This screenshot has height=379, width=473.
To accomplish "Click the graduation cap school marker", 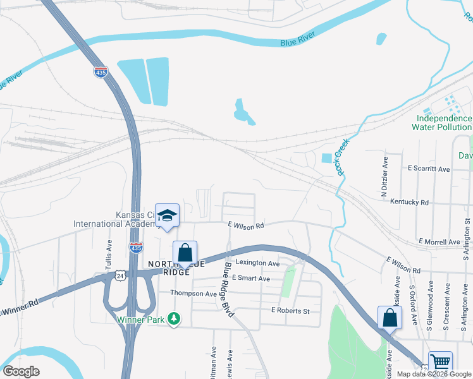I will point(167,216).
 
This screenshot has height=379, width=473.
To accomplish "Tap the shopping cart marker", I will point(440,363).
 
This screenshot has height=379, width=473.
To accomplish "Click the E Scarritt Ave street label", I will point(429,169).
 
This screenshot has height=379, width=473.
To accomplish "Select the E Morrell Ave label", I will point(439,242).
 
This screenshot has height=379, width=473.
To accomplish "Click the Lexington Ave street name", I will point(257,263).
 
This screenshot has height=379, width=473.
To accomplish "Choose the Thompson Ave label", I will point(193,293).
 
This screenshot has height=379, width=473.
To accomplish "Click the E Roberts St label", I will point(290,311).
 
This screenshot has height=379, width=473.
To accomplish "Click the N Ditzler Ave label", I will point(384,169).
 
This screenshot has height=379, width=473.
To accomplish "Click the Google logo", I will point(21,371).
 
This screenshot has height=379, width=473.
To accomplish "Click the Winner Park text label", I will point(140,319).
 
